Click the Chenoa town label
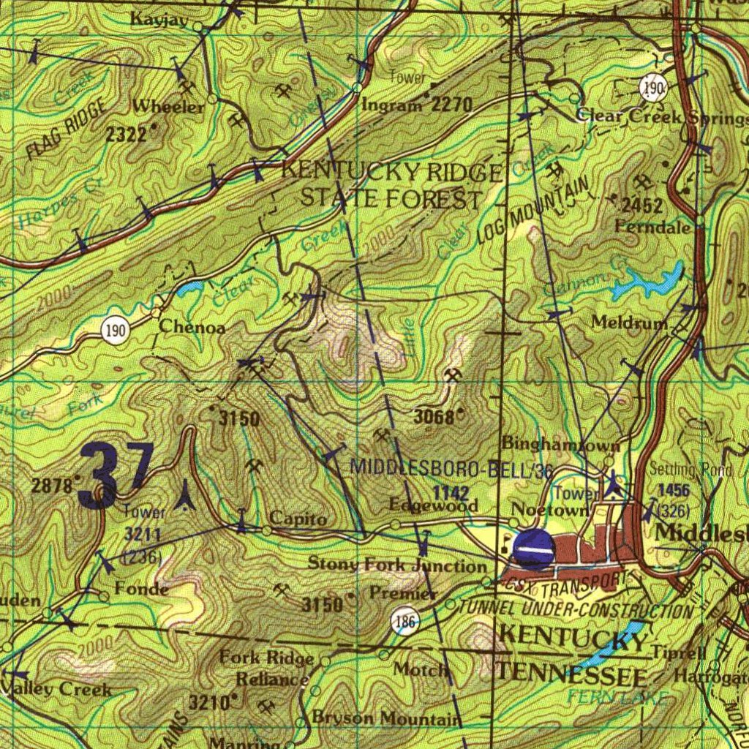192,327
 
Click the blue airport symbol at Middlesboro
534,549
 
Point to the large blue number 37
117,476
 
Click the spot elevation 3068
437,417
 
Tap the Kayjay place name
159,20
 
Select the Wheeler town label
168,107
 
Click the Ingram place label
391,105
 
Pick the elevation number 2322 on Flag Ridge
126,134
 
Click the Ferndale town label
652,227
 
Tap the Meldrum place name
628,323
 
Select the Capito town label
298,519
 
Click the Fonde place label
141,589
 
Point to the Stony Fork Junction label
396,565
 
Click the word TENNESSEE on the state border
571,674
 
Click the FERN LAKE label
617,697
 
